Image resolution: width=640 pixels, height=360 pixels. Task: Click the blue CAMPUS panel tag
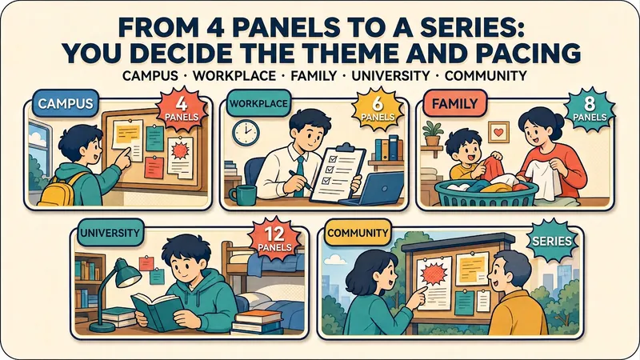pos(66,103)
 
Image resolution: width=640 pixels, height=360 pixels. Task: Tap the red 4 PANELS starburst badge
pos(182,109)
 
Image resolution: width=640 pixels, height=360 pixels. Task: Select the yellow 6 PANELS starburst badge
pos(378,109)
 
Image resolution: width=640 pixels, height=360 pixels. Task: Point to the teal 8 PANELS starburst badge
pos(590,110)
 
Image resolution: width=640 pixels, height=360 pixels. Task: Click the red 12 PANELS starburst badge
pos(274,238)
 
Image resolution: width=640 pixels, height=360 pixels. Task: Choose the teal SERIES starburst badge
pos(552,241)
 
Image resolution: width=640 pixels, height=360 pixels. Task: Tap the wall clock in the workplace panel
pos(246,133)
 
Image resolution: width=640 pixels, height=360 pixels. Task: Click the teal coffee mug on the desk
pos(243,195)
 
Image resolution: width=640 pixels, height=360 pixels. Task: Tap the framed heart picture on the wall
pos(498,132)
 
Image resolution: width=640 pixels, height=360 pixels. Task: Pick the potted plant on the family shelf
pos(433,134)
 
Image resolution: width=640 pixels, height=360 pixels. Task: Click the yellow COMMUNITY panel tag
pos(358,233)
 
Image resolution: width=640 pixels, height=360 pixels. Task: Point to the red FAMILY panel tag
pos(454,103)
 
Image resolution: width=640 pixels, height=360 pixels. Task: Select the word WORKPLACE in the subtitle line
pos(234,76)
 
